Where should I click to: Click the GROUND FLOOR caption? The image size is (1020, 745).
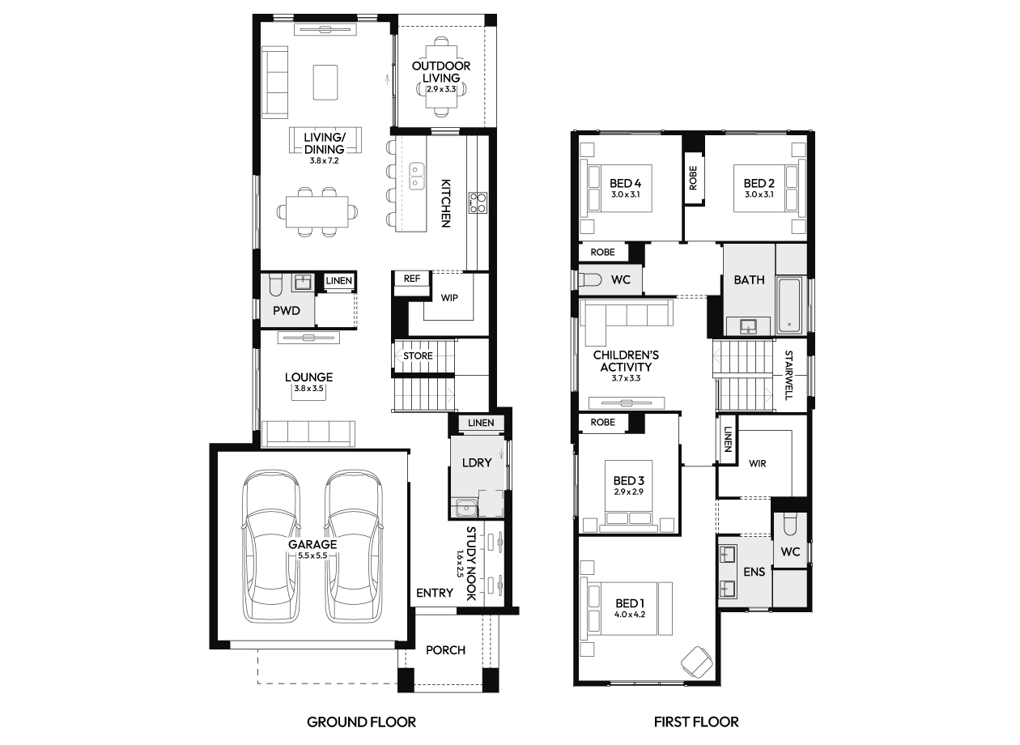[361, 722]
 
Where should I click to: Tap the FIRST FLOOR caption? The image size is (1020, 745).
[696, 722]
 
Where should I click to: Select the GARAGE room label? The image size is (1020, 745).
[312, 544]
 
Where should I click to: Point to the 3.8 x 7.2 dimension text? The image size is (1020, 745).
[324, 161]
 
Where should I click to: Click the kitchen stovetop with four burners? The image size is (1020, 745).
[478, 203]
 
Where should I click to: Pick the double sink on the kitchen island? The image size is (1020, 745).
[416, 176]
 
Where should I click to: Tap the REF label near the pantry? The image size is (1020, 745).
[411, 279]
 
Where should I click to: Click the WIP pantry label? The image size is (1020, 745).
[449, 298]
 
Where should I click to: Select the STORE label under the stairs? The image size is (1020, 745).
[418, 355]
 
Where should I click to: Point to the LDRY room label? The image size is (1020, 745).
[477, 462]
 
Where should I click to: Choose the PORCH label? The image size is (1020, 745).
[445, 650]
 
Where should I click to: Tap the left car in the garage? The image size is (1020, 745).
[271, 547]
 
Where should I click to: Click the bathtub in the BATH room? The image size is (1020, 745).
[789, 305]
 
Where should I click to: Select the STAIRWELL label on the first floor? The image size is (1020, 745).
[789, 375]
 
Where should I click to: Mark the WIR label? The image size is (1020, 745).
[757, 463]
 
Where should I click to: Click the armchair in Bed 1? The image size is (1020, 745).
[697, 662]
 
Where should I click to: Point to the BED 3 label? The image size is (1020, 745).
[628, 480]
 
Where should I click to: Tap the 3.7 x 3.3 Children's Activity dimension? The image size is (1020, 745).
[626, 378]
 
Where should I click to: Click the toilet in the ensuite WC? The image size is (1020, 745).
[790, 525]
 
